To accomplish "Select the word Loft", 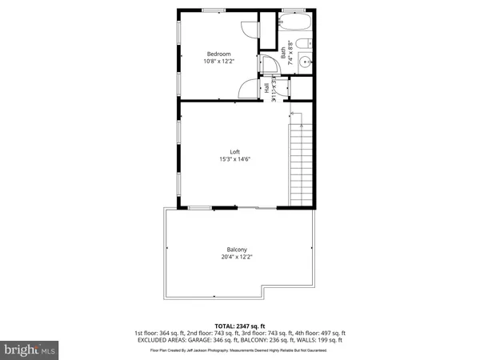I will point(235,152).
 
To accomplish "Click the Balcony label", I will point(236,250).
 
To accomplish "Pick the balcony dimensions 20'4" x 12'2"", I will point(236,258).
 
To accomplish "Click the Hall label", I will point(267,90).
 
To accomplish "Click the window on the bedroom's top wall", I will point(213,10).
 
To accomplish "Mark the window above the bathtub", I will point(293,10).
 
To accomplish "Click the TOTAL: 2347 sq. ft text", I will point(239,326).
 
